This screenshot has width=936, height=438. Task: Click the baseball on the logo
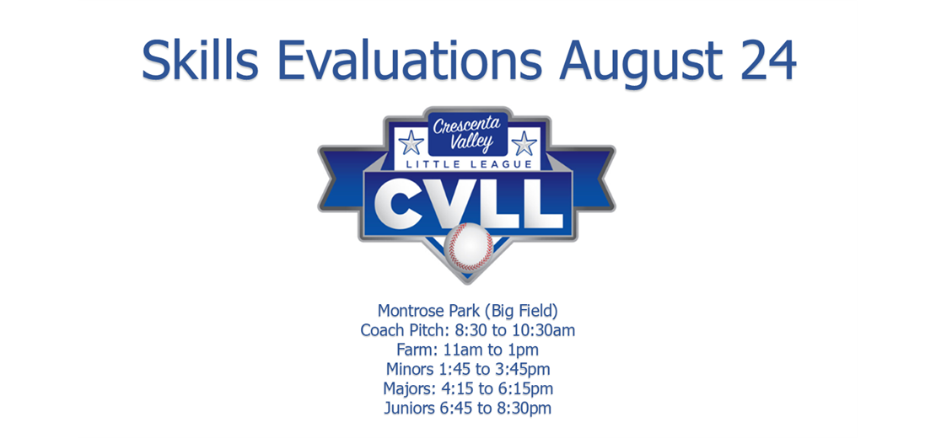(469, 247)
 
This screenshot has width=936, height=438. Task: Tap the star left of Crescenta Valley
(412, 143)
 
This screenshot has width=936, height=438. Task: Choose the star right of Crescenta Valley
(524, 143)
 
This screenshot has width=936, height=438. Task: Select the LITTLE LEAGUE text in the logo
(467, 164)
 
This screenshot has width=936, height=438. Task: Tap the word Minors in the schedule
(406, 370)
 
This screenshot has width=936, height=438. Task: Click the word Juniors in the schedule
(405, 409)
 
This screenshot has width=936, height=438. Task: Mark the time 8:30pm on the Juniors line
(526, 409)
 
